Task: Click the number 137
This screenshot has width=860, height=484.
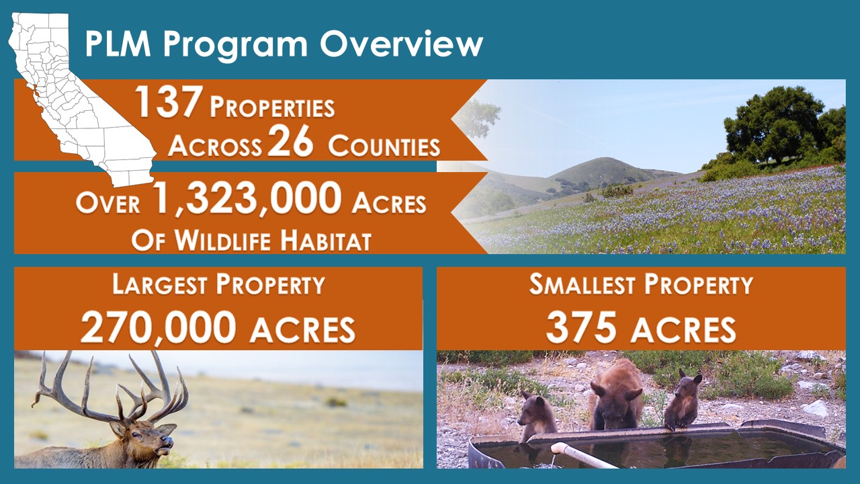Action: (x=169, y=102)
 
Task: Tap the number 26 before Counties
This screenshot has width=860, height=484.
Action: (x=290, y=142)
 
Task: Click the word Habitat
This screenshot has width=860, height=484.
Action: (x=326, y=241)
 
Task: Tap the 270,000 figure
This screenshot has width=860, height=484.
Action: (x=158, y=327)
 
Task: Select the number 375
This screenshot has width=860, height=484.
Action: (x=581, y=327)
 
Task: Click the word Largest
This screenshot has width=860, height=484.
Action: (x=160, y=284)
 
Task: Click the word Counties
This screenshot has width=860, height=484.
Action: (x=384, y=147)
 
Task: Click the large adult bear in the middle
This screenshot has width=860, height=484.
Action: (x=617, y=396)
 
